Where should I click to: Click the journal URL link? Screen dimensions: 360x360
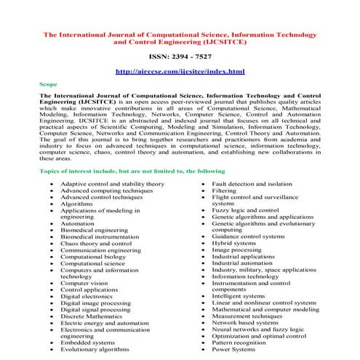(179, 72)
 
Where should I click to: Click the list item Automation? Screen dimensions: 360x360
(77, 224)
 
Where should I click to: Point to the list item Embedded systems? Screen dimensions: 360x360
(88, 343)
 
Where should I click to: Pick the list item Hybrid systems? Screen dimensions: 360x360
(235, 243)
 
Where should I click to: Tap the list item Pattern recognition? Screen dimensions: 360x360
(240, 343)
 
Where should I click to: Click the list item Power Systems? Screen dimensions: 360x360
(233, 350)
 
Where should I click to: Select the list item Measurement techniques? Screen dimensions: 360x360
(247, 316)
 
